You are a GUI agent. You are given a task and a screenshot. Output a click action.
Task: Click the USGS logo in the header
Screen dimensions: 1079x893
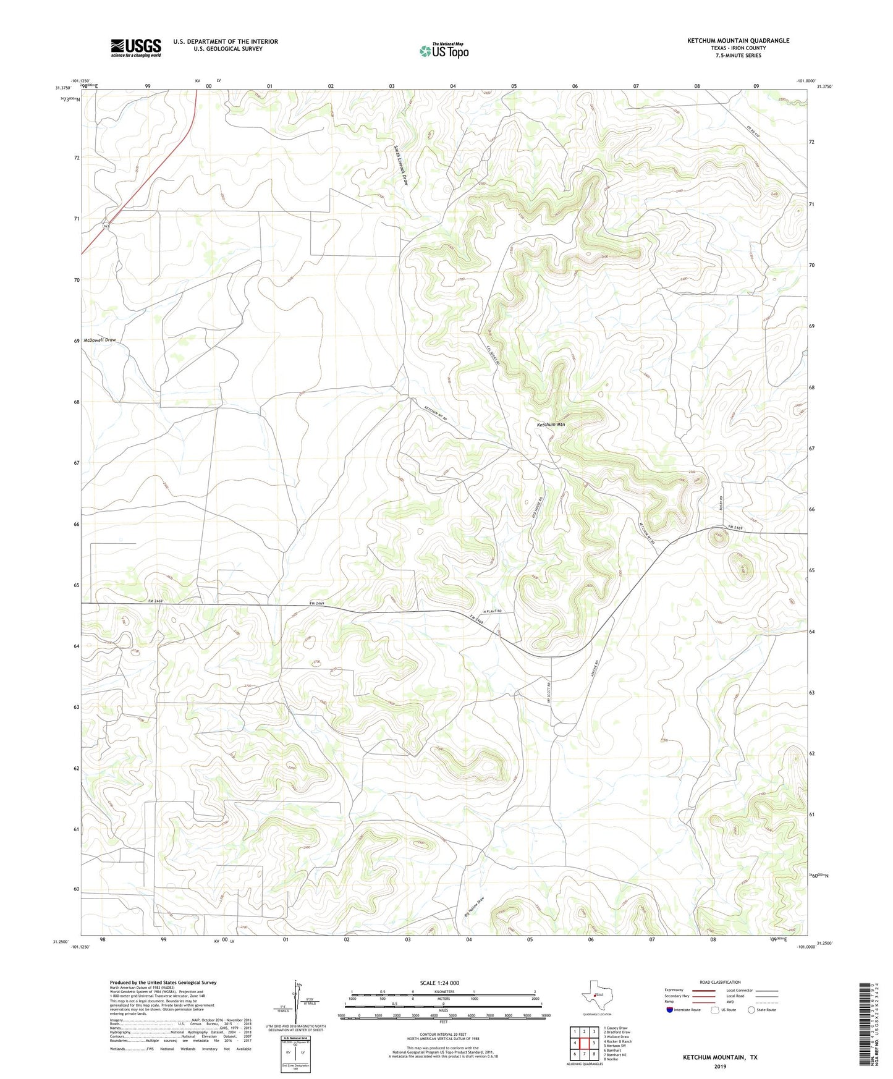(136, 48)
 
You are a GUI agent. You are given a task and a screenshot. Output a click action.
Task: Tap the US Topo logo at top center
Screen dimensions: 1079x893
(444, 51)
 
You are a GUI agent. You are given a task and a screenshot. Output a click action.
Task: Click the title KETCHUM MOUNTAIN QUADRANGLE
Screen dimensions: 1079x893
(738, 41)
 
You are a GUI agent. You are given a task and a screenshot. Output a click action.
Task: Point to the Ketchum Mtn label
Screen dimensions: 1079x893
(551, 425)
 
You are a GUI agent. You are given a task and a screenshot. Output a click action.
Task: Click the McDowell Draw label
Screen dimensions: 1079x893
(100, 340)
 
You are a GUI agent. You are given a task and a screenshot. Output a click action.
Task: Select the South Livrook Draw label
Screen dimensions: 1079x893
(400, 165)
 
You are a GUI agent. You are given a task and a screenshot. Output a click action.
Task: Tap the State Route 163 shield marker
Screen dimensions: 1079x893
(106, 226)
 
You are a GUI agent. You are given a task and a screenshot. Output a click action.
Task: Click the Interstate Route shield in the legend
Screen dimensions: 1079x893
(670, 1010)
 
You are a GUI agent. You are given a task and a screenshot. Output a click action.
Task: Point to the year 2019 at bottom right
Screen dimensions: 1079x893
(720, 1066)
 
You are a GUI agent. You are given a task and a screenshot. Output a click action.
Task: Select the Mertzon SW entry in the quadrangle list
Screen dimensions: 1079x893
(617, 1046)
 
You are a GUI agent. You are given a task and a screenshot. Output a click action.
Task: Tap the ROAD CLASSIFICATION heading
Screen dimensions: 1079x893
(720, 982)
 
